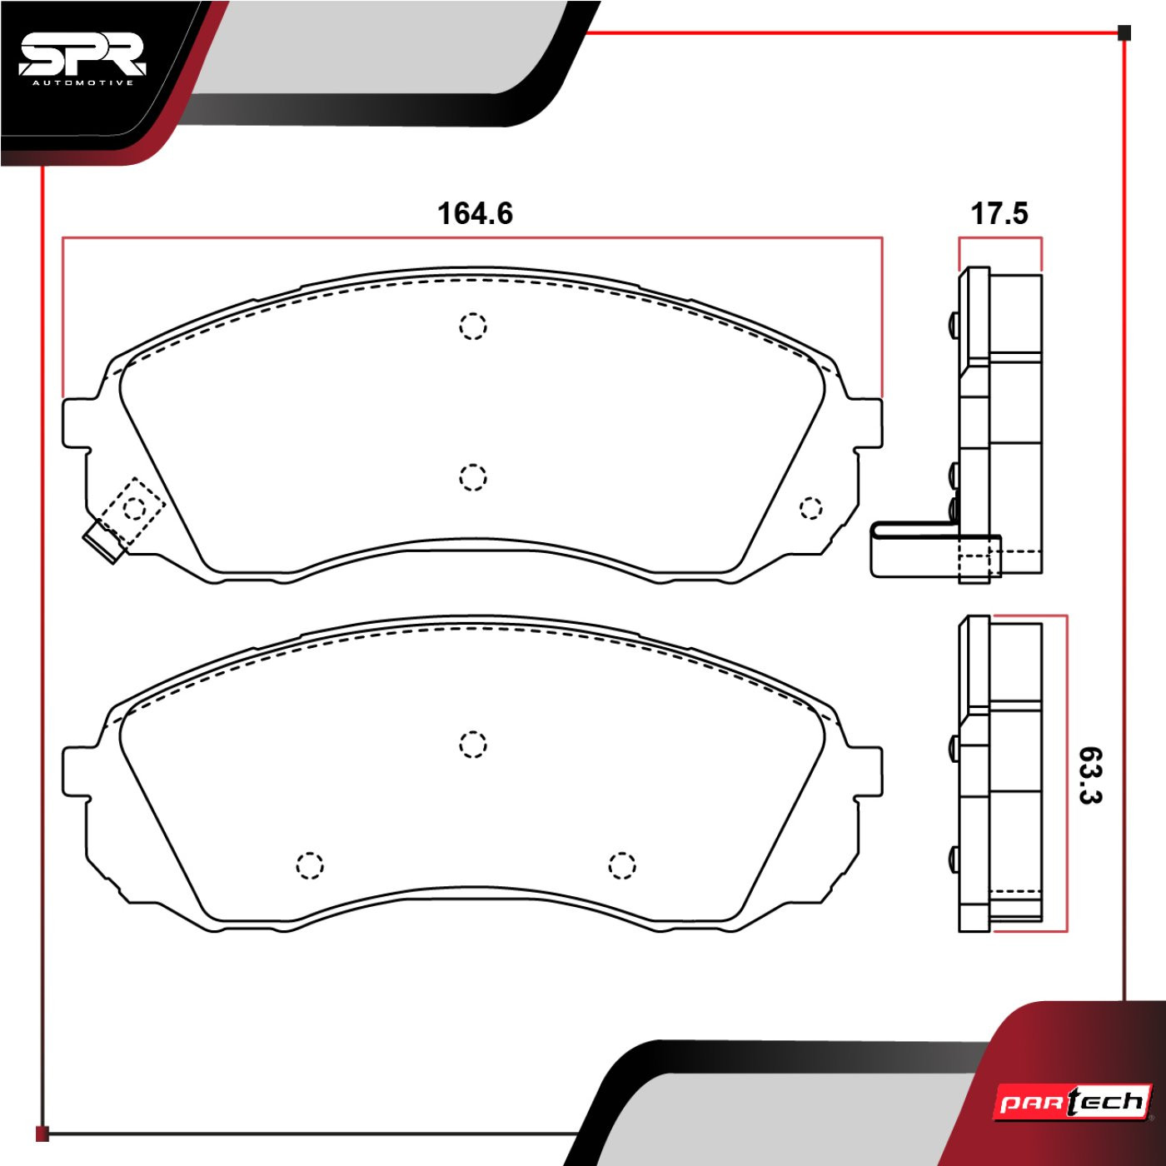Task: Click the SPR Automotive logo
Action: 82,61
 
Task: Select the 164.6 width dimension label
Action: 475,213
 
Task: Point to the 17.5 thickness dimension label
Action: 999,213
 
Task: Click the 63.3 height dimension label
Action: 1090,775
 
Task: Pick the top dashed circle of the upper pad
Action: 472,326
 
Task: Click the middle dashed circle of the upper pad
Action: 472,477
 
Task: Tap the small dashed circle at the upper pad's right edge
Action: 810,508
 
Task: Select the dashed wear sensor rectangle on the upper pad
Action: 132,511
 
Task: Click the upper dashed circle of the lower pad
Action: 472,745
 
